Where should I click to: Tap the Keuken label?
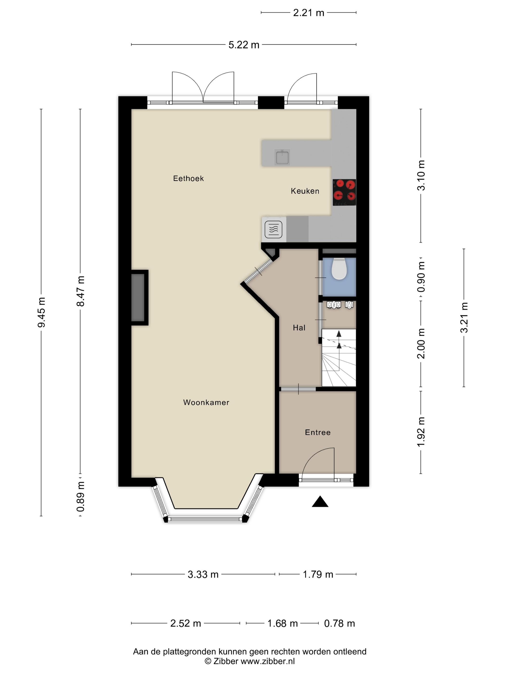[x=305, y=191]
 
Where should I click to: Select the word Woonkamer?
[x=206, y=402]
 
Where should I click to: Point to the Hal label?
[x=299, y=328]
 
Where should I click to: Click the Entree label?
[x=317, y=432]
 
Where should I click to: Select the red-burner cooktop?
[x=344, y=192]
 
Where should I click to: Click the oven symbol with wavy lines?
[x=273, y=230]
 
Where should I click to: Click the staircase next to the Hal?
[x=339, y=357]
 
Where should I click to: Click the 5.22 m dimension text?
[x=244, y=45]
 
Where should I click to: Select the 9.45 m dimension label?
[x=41, y=312]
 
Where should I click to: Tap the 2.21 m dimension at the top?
[x=308, y=13]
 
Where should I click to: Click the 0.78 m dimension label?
[x=339, y=623]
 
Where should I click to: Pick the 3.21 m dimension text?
[x=464, y=318]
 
